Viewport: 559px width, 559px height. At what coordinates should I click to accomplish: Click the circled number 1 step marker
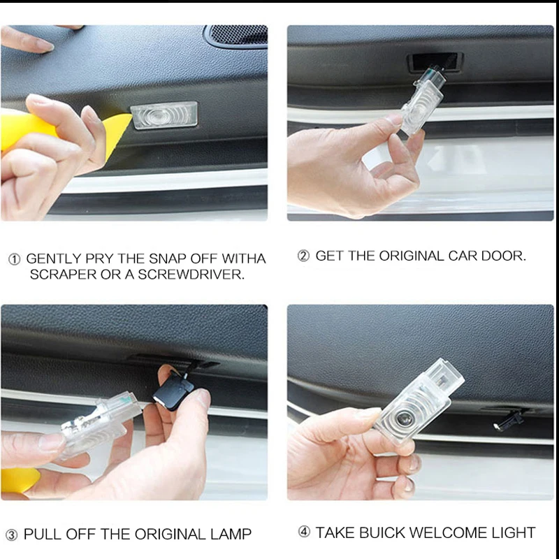14,259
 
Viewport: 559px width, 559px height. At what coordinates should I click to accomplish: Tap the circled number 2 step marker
303,256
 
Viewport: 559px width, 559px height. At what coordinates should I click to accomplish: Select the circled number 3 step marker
11,535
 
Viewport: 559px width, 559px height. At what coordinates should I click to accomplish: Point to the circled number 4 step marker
304,532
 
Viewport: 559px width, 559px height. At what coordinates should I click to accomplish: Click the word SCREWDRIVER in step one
191,275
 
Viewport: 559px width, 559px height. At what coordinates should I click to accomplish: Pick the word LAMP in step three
231,535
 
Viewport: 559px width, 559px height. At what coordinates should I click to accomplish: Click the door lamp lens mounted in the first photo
164,115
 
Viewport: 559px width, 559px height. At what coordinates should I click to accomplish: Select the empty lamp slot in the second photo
435,61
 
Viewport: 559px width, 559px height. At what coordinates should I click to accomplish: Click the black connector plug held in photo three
173,391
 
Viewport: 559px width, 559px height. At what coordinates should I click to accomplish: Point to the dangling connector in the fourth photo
508,421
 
